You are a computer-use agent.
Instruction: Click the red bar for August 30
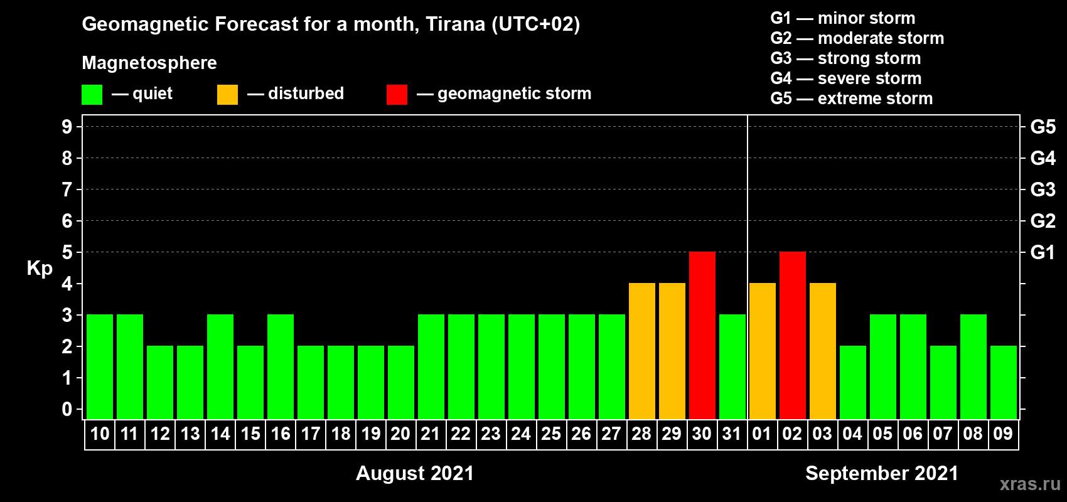[x=702, y=335]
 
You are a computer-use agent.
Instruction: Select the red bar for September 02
[x=793, y=335]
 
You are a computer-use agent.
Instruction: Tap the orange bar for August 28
[x=642, y=351]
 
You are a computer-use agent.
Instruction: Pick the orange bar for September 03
[x=823, y=351]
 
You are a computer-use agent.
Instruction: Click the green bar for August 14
[x=220, y=366]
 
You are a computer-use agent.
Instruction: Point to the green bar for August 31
[x=732, y=366]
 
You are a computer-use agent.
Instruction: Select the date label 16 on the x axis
[x=281, y=434]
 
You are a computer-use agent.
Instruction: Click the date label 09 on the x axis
[x=1003, y=434]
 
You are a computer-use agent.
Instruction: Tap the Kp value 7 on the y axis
[x=67, y=190]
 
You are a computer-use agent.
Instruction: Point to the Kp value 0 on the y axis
[x=67, y=409]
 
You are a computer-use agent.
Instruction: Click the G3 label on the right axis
[x=1043, y=190]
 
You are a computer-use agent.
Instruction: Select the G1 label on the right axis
[x=1043, y=252]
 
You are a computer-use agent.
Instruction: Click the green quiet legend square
[x=92, y=94]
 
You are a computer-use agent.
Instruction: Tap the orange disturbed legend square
[x=227, y=94]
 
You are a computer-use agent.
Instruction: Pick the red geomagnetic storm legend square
[x=397, y=94]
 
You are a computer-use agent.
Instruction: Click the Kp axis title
[x=40, y=269]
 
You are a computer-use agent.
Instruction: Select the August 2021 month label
[x=415, y=473]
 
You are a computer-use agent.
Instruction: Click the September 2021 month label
[x=882, y=473]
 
